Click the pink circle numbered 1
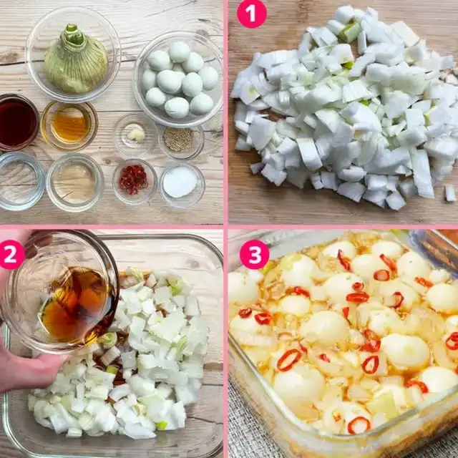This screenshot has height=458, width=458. [251, 14]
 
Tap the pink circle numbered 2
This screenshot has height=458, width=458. [11, 255]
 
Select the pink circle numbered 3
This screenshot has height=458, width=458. [254, 255]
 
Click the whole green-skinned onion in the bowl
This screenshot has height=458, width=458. [75, 60]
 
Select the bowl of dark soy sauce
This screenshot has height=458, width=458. [17, 122]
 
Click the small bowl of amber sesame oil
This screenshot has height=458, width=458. [69, 125]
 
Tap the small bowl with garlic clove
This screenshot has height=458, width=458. [135, 135]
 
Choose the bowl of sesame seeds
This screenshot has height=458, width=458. [181, 140]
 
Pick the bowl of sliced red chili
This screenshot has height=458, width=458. [135, 182]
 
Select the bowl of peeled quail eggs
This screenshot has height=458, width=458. [178, 79]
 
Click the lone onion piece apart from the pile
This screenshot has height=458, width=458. [450, 193]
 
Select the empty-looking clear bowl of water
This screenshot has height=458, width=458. [21, 181]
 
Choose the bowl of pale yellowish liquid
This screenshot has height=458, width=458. [75, 182]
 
